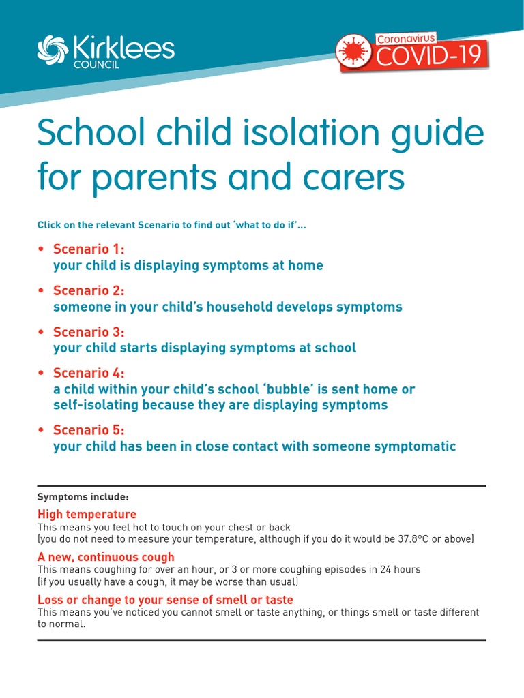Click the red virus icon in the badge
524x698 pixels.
tap(353, 54)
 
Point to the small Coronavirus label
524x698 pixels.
tap(406, 40)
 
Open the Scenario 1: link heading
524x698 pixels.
tap(89, 249)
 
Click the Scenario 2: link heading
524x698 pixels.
tap(89, 290)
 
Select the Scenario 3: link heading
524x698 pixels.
tap(89, 331)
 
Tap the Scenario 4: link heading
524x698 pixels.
tap(89, 373)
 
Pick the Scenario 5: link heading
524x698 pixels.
tap(89, 430)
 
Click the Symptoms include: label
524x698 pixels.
tap(83, 497)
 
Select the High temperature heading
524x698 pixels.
tap(87, 514)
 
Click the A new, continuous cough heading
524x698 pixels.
tap(106, 557)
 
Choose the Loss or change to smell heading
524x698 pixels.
tap(165, 600)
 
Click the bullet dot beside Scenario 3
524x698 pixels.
tap(42, 332)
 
